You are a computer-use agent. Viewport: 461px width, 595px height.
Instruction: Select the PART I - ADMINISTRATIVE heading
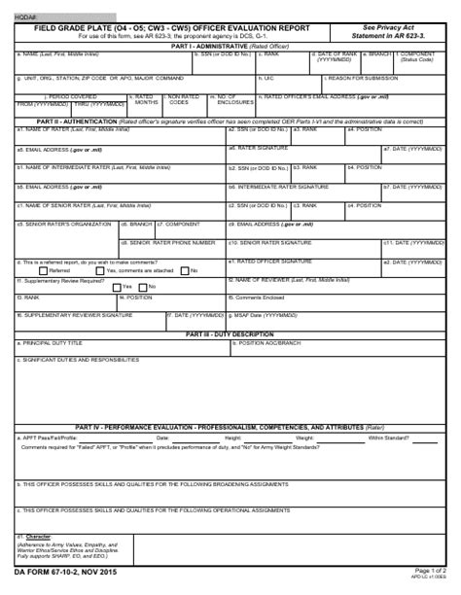230,46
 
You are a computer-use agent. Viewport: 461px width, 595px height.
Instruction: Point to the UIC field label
269,78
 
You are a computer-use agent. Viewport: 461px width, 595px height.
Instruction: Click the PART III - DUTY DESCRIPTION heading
230,333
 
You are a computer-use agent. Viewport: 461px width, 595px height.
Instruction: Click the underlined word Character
39,537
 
